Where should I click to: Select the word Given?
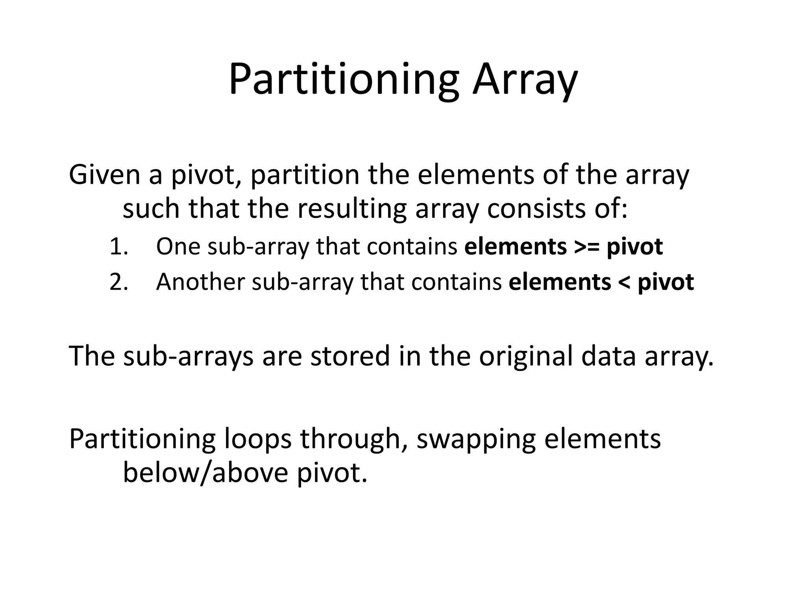[104, 175]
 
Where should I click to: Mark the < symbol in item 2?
[624, 282]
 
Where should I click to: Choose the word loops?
[258, 439]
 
